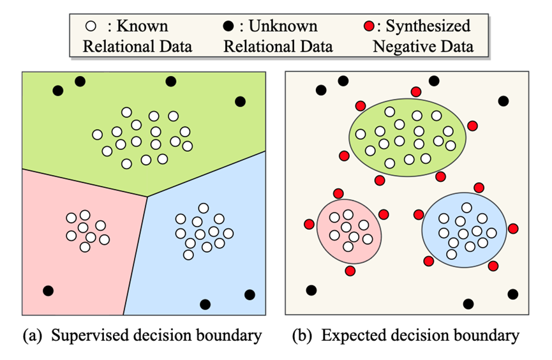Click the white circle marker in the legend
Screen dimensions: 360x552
91,27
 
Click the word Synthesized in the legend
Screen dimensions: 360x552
428,26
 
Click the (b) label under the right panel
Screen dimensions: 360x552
302,335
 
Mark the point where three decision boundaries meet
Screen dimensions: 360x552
147,196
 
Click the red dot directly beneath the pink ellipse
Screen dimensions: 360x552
350,271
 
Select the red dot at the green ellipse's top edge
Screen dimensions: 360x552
416,92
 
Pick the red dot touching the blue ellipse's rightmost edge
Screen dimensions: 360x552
512,229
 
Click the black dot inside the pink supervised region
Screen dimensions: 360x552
48,290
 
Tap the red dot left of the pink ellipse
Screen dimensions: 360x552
309,224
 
